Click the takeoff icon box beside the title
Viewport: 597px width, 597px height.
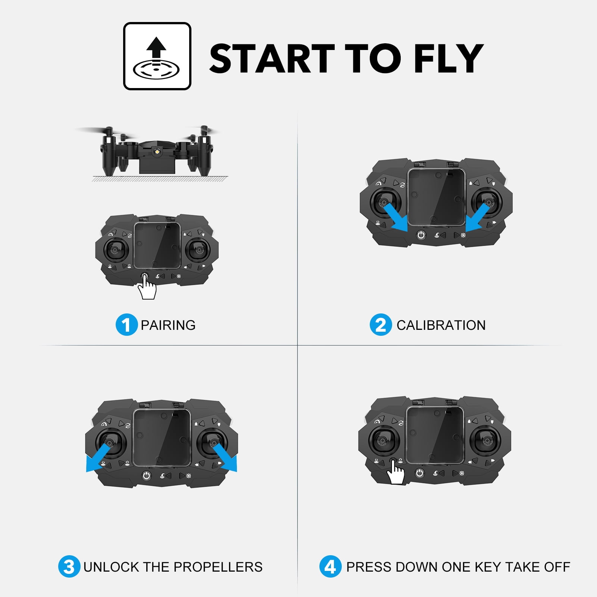(x=157, y=56)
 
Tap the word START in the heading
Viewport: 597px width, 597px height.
(x=272, y=58)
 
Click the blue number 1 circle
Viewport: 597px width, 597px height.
(x=126, y=325)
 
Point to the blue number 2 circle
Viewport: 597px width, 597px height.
(x=381, y=325)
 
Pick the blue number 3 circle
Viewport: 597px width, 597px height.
(x=69, y=566)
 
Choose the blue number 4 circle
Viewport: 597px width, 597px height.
(x=330, y=566)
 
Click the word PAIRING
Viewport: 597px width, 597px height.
(x=168, y=325)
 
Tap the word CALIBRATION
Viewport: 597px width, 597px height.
(x=441, y=325)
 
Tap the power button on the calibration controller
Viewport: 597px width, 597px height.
(x=421, y=235)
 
